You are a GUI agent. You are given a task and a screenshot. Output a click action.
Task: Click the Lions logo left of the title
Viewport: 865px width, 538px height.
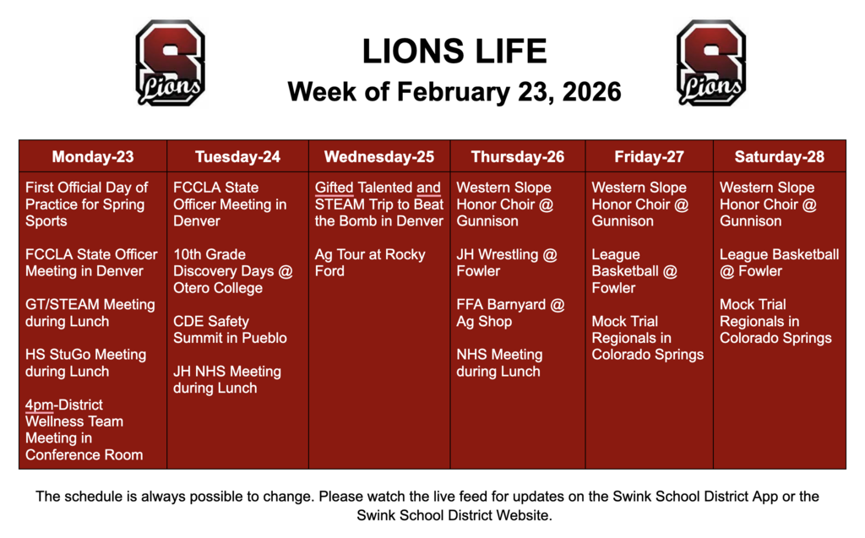click(x=170, y=63)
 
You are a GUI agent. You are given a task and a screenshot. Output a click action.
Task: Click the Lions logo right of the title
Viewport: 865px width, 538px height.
click(x=711, y=63)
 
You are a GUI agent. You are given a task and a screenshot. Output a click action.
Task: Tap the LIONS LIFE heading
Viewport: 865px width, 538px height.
click(x=454, y=52)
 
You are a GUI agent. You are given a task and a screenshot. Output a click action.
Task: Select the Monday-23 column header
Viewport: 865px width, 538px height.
click(x=93, y=156)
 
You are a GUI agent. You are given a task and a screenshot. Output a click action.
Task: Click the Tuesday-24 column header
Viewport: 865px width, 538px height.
click(x=237, y=156)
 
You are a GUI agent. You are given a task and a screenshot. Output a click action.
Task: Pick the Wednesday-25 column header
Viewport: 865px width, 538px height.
click(x=379, y=156)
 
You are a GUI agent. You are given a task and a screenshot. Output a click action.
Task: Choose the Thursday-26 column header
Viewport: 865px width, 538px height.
click(x=518, y=156)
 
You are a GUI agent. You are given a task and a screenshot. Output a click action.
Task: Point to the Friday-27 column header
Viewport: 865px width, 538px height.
click(x=649, y=156)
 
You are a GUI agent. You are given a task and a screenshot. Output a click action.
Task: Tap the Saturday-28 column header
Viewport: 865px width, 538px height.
click(x=779, y=156)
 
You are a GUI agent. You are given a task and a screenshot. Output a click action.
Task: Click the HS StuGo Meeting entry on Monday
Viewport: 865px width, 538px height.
click(x=85, y=363)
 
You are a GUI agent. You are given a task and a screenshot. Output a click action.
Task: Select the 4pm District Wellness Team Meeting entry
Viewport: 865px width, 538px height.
click(x=84, y=429)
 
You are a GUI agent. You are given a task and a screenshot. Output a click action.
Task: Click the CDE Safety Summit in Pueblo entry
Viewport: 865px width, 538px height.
click(x=230, y=329)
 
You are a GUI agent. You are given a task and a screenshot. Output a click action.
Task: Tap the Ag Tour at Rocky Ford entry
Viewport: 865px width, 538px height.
click(x=370, y=263)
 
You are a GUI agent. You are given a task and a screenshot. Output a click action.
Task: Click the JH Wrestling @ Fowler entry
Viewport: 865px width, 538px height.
click(x=507, y=263)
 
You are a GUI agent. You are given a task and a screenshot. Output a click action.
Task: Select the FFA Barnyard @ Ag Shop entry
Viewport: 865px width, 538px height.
click(x=510, y=312)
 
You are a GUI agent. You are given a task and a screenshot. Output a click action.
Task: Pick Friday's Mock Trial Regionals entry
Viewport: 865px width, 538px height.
click(x=647, y=338)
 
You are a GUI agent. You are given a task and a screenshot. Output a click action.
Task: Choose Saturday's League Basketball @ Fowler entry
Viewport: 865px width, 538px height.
click(x=779, y=263)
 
